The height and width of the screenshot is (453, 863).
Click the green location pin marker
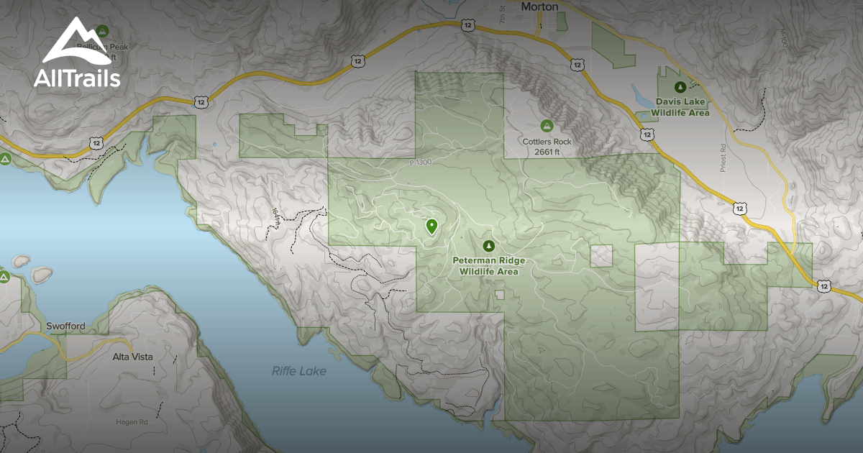pos(431,227)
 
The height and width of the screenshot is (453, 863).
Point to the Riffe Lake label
pos(298,371)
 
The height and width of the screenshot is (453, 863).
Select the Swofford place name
pos(65,326)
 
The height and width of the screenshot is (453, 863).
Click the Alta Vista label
pos(132,357)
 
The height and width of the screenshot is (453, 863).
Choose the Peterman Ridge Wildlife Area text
pos(489,266)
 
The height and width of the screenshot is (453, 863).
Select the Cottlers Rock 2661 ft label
pos(547,147)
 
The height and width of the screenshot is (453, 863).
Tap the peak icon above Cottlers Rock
pos(547,126)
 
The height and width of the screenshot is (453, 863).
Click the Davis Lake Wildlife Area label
pos(680,107)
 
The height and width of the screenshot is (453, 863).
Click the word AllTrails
pos(77,78)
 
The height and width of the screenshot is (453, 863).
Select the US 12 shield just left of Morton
pos(469,25)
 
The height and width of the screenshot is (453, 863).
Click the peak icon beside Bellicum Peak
pos(102,31)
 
